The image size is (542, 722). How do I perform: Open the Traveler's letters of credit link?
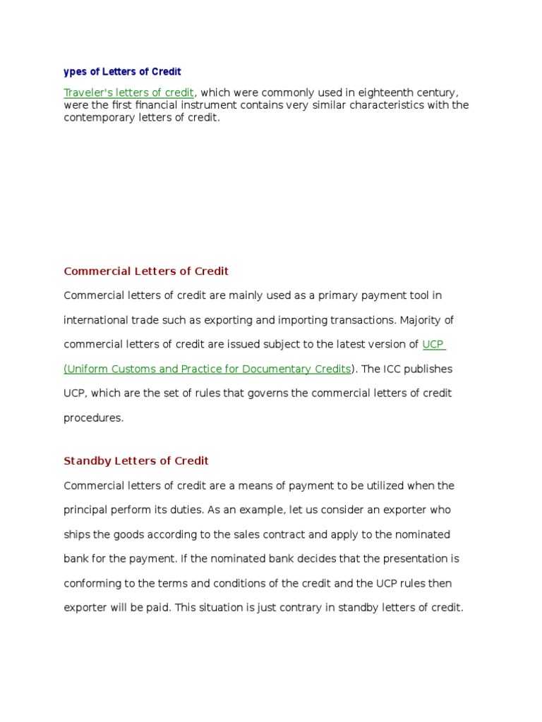click(128, 92)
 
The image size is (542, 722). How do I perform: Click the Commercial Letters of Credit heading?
click(146, 271)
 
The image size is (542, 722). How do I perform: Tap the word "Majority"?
click(426, 320)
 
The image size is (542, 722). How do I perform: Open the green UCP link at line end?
click(433, 344)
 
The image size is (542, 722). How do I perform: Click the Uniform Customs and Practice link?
click(207, 369)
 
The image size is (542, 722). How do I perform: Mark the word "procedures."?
click(93, 417)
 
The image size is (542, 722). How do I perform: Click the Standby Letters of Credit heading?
click(136, 460)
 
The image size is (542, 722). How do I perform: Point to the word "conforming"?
click(91, 583)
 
